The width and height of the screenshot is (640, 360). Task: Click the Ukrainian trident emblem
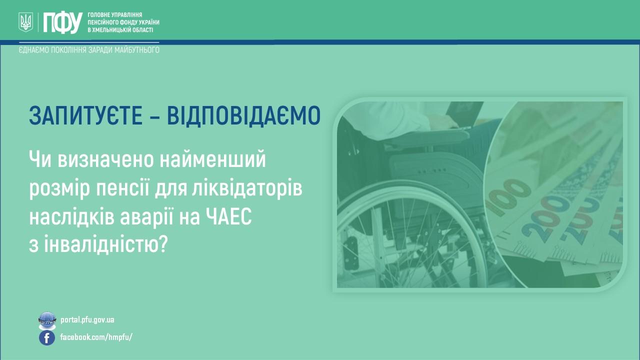(25, 22)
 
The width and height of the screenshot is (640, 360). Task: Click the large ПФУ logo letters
(62, 22)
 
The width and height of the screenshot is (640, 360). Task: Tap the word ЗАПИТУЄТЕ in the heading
(85, 115)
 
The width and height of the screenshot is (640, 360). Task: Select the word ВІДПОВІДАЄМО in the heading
(243, 115)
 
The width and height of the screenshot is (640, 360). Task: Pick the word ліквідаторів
(247, 188)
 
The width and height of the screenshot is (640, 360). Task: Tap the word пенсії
(122, 188)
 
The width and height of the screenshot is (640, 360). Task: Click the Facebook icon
(47, 337)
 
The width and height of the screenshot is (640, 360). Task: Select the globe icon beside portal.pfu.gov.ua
(47, 320)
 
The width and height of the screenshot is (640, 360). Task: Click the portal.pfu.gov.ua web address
(87, 319)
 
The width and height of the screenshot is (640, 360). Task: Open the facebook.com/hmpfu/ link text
(96, 337)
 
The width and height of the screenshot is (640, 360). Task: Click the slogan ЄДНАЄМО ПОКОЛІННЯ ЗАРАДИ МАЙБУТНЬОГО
(89, 50)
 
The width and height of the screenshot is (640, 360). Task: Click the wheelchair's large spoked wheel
(411, 240)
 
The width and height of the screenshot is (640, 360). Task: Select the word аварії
(147, 216)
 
